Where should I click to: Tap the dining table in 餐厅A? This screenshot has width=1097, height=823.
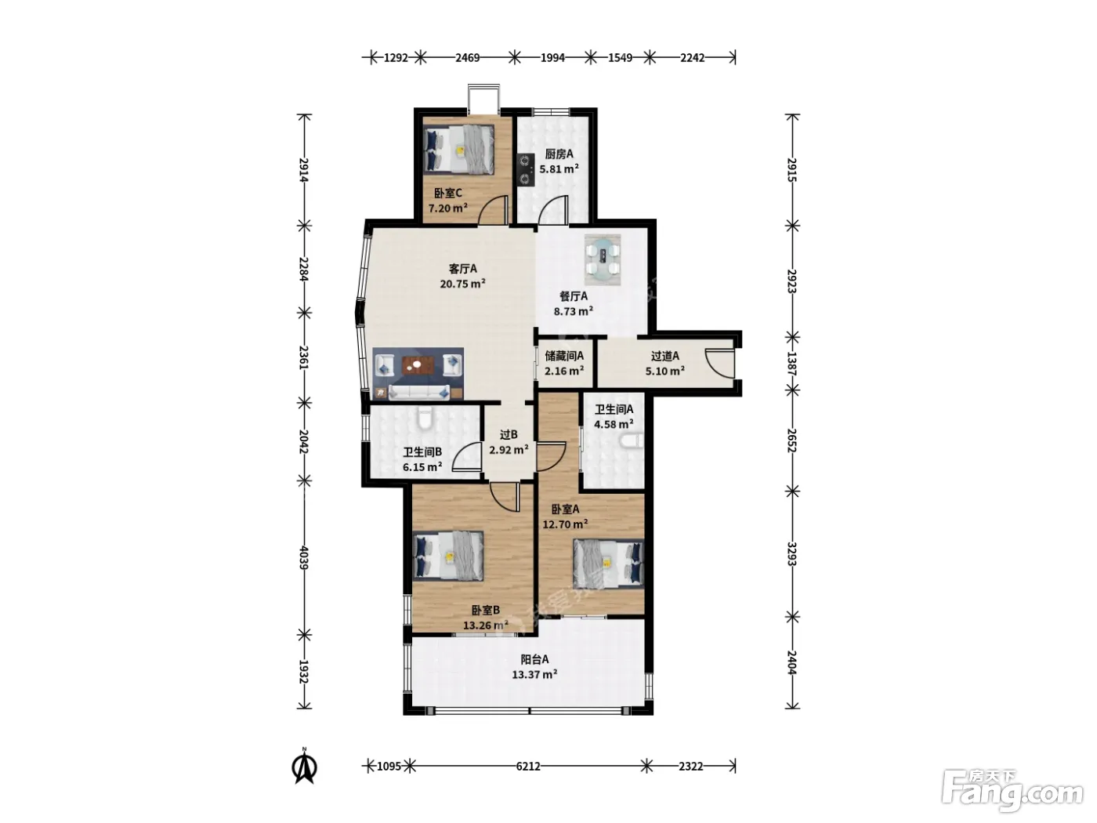(x=603, y=260)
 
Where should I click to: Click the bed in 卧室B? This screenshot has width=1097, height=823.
(x=449, y=556)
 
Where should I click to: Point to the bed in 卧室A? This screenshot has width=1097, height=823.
(x=608, y=564)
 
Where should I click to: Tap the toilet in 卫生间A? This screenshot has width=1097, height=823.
(x=632, y=442)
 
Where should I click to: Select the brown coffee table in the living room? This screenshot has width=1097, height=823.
(x=418, y=366)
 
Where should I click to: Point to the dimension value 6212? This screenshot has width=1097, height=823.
(x=528, y=766)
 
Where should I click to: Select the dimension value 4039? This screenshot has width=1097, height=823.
(x=304, y=558)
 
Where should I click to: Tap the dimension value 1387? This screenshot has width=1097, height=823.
(x=792, y=363)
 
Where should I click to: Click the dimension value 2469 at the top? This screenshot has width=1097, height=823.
(x=467, y=58)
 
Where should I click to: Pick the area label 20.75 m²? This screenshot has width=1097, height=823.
(x=463, y=284)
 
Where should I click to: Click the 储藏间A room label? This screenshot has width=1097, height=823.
(x=564, y=356)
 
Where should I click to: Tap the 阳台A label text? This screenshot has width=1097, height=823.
(x=534, y=659)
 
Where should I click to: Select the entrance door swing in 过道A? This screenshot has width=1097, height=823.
(x=719, y=363)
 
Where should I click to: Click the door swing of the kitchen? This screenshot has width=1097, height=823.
(x=552, y=210)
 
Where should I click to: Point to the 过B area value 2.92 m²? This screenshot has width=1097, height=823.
(x=509, y=450)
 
